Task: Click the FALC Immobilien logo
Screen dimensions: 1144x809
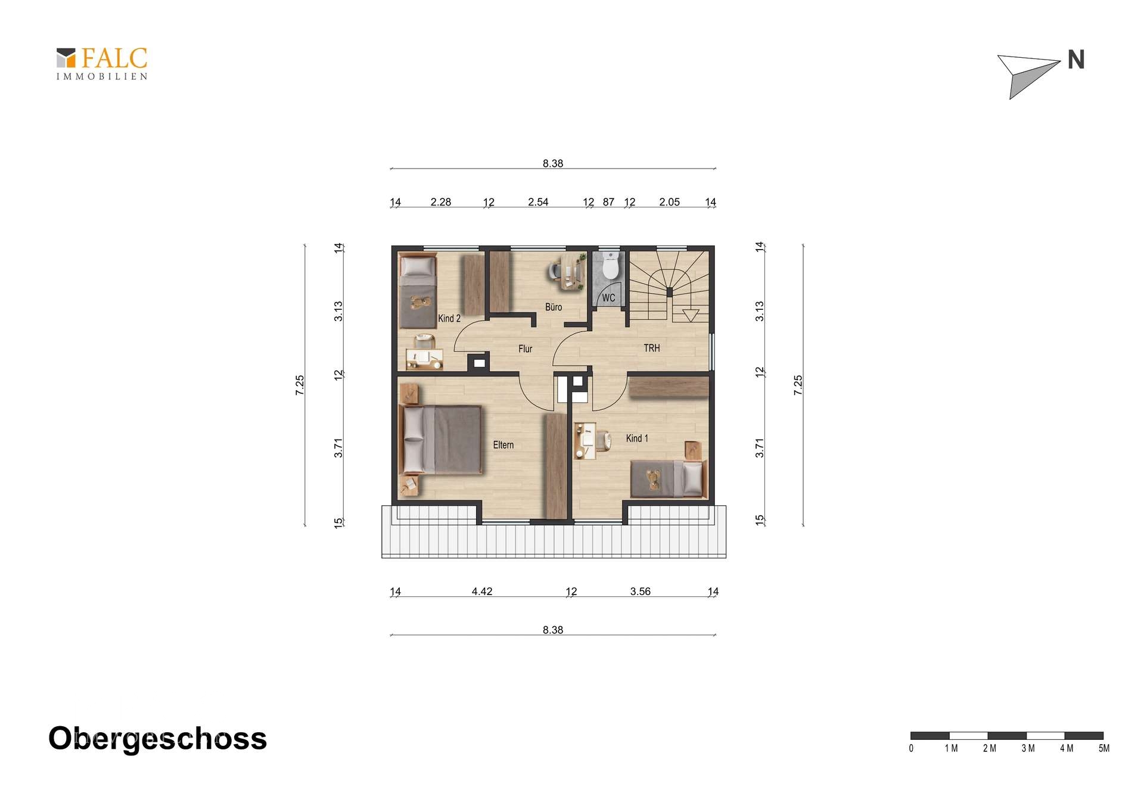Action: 102,64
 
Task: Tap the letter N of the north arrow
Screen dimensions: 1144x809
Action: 1075,60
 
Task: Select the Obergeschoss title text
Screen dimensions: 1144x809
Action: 157,739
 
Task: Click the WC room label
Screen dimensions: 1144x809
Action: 608,298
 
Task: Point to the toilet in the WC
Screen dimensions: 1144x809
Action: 610,266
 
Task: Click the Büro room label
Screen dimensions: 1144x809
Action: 554,307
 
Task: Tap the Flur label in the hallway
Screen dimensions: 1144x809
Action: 525,349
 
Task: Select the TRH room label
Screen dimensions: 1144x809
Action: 652,348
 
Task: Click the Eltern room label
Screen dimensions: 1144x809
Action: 503,445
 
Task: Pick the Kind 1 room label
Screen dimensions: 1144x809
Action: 637,438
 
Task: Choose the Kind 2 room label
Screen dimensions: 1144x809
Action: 449,319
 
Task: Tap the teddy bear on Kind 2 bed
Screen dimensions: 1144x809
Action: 421,302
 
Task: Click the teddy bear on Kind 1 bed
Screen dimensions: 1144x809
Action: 654,478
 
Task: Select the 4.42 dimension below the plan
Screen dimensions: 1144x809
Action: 482,592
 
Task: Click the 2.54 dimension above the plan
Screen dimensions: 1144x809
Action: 538,202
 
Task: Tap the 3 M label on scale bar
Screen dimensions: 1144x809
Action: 1028,748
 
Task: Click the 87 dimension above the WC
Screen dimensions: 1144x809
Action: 608,202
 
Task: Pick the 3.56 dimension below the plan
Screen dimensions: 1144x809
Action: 641,592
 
